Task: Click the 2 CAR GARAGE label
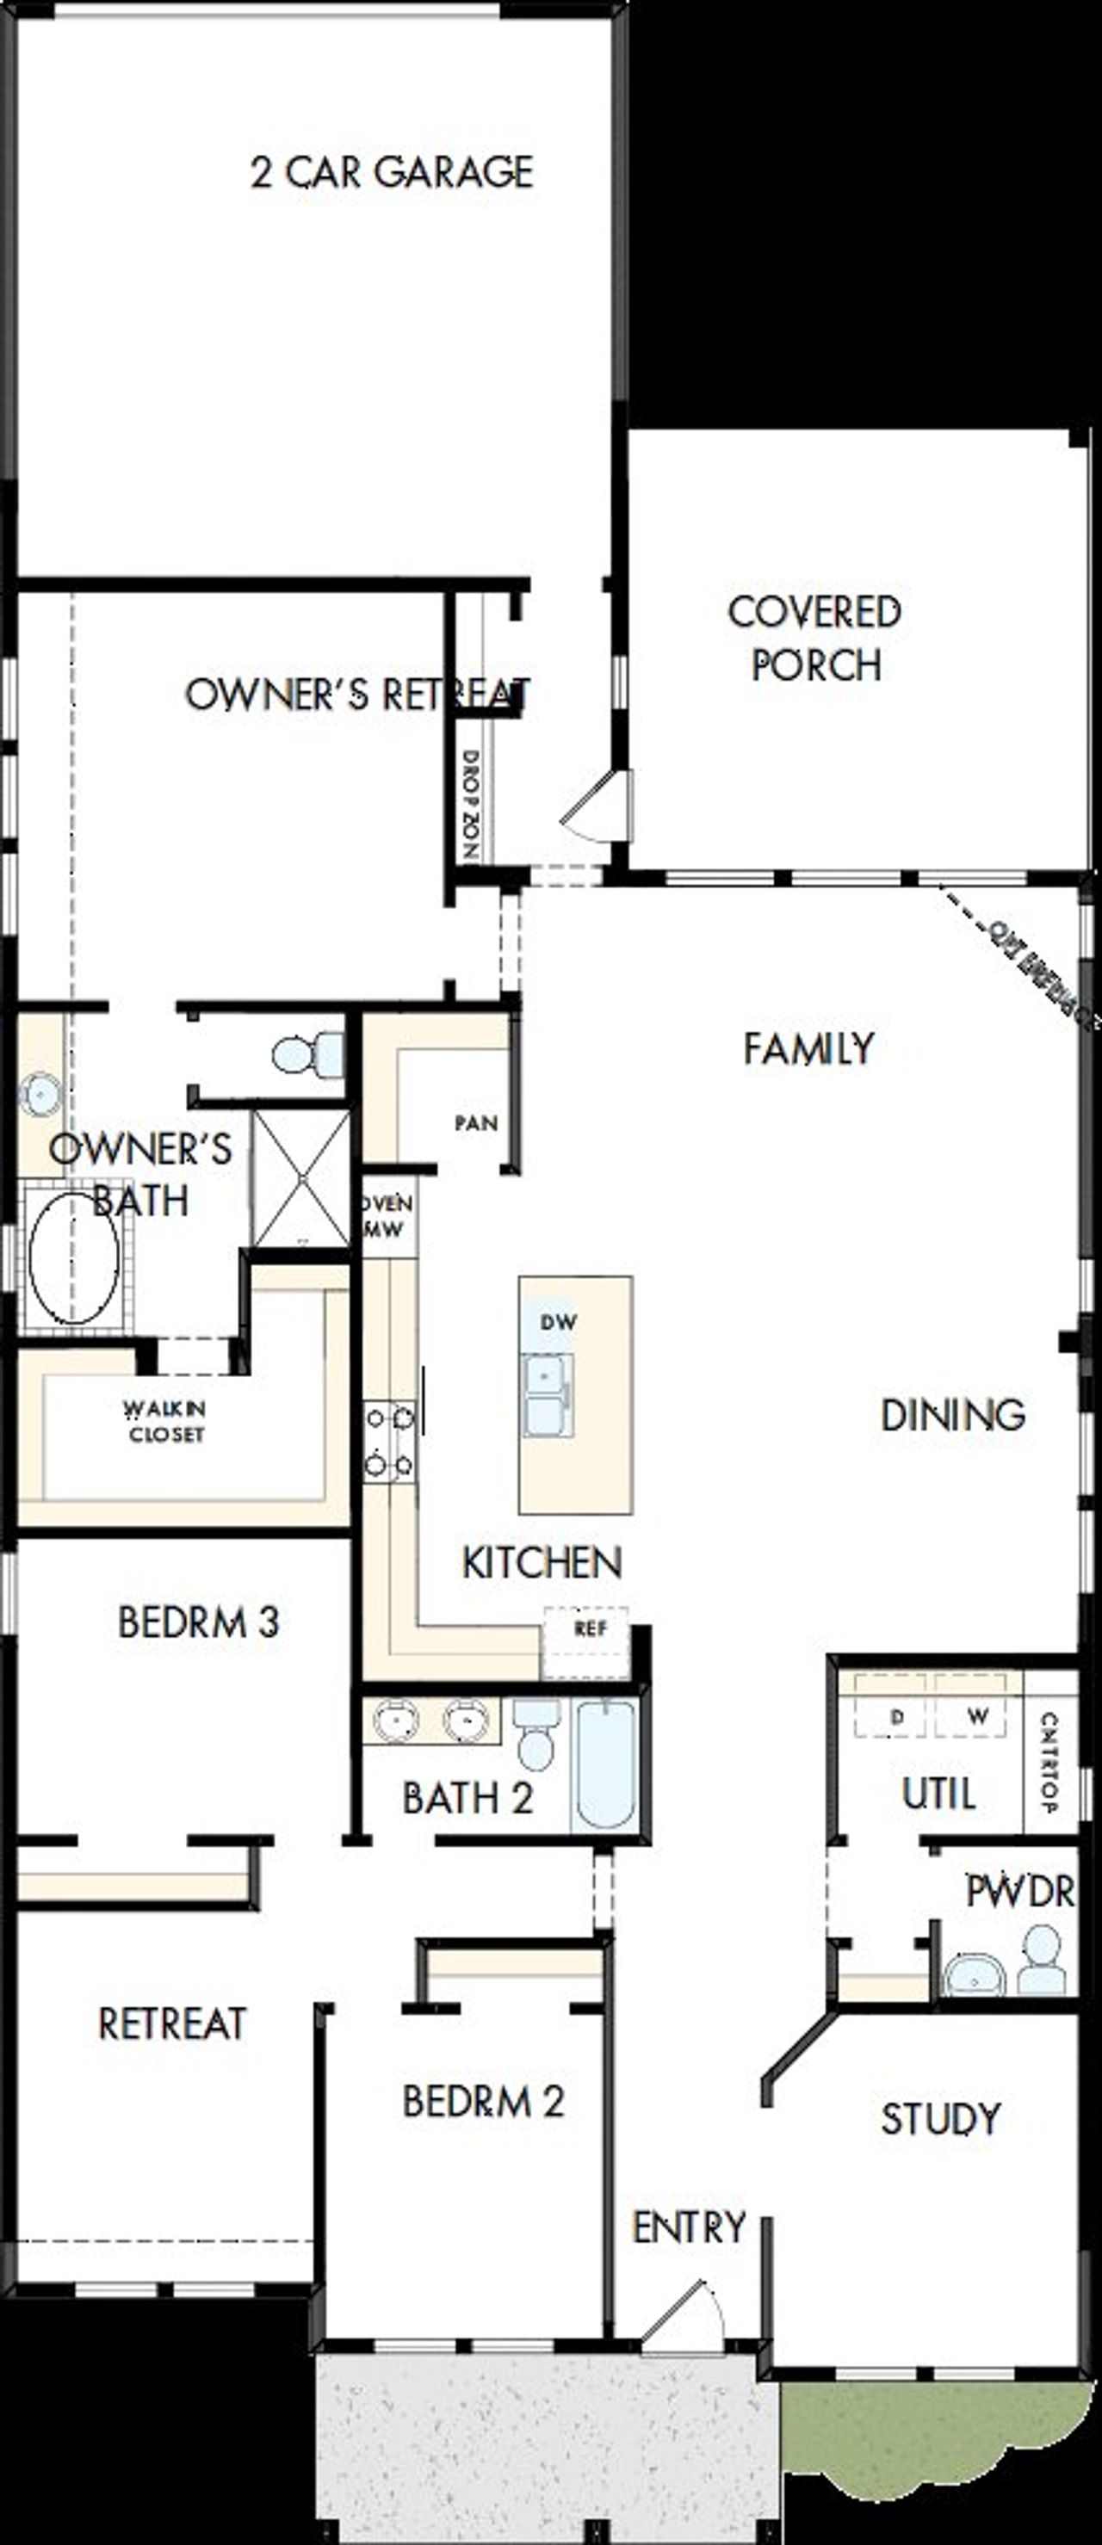[x=393, y=172]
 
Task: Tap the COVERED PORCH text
[x=814, y=639]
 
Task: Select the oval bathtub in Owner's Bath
[x=74, y=1257]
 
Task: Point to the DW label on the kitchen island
[x=559, y=1321]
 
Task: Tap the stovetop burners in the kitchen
[x=389, y=1442]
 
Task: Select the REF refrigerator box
[x=589, y=1629]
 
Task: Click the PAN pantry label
[x=475, y=1123]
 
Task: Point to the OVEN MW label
[x=387, y=1216]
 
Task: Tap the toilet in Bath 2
[x=536, y=1735]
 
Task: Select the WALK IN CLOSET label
[x=166, y=1421]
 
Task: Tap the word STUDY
[x=940, y=2118]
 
